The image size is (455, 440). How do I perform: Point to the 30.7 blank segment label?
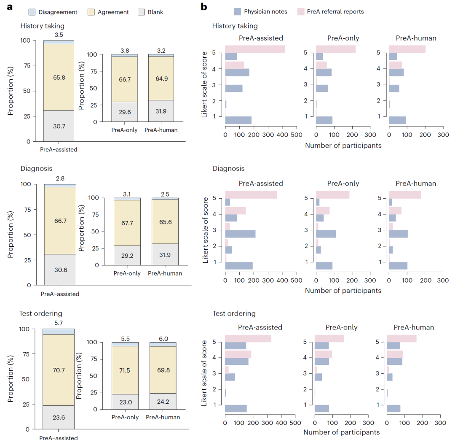click(59, 126)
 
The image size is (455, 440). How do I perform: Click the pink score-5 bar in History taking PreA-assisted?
click(255, 49)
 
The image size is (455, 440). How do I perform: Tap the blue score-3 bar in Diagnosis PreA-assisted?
click(240, 234)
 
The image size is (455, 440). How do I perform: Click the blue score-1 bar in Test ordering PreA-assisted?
click(236, 408)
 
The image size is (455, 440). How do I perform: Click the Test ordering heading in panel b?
click(234, 313)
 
